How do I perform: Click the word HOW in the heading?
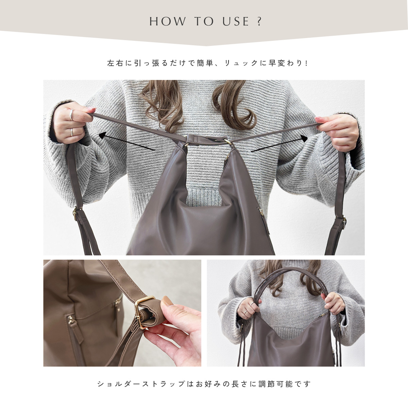[168, 21]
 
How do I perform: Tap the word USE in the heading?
[235, 21]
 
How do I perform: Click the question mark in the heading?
[259, 21]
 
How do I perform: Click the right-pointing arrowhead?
[304, 139]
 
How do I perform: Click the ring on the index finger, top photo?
[71, 115]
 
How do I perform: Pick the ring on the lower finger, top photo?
[72, 132]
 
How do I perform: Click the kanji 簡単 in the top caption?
[205, 63]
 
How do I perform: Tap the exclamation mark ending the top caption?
[306, 63]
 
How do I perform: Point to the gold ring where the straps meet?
[228, 141]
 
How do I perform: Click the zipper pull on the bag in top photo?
[261, 211]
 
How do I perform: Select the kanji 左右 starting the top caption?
[115, 63]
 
